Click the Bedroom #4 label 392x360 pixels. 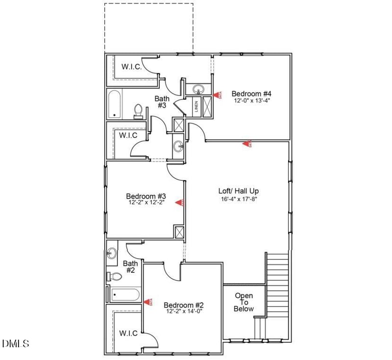(251, 93)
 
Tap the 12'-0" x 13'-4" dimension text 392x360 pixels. (251, 100)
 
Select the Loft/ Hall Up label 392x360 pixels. (239, 191)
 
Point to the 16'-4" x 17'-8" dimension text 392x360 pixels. (239, 198)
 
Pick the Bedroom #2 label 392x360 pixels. (183, 304)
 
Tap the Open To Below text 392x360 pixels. (244, 302)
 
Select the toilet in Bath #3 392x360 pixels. (138, 111)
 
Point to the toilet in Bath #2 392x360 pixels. (114, 277)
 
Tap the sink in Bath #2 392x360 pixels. (112, 253)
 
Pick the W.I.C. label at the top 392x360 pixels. (131, 67)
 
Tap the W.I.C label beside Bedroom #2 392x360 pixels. (129, 333)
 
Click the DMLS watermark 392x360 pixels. (16, 343)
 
